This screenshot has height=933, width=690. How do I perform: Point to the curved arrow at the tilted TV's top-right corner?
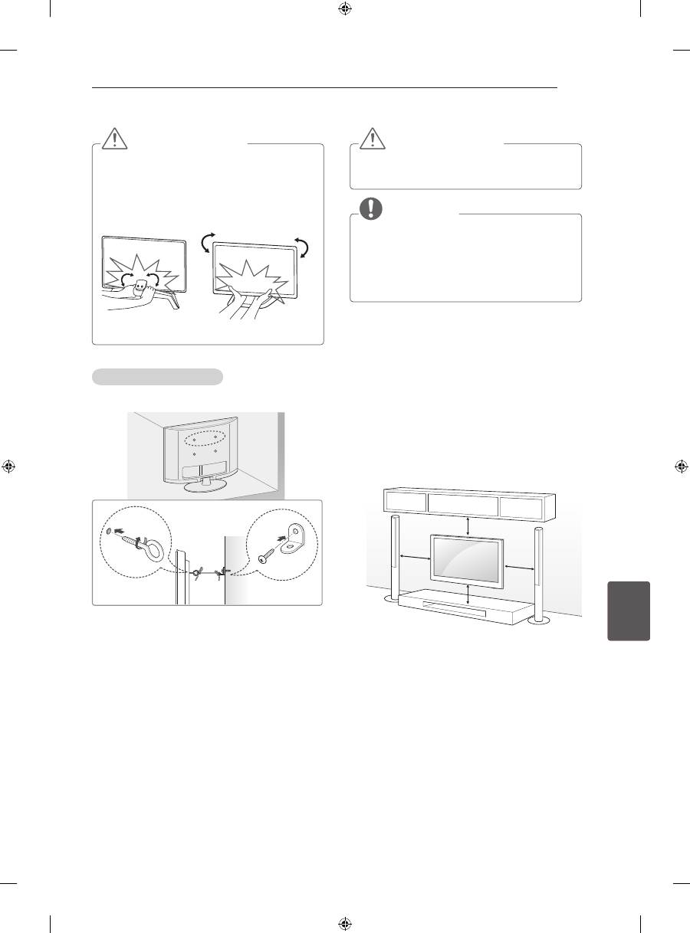point(304,247)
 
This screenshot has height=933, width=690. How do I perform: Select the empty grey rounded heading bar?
point(157,376)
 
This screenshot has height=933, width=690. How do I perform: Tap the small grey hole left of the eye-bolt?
point(110,530)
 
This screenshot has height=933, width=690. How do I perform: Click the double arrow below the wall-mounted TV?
point(468,593)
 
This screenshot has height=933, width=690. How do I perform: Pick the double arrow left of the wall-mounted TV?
point(417,560)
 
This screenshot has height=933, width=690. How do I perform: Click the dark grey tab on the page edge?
point(629,611)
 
